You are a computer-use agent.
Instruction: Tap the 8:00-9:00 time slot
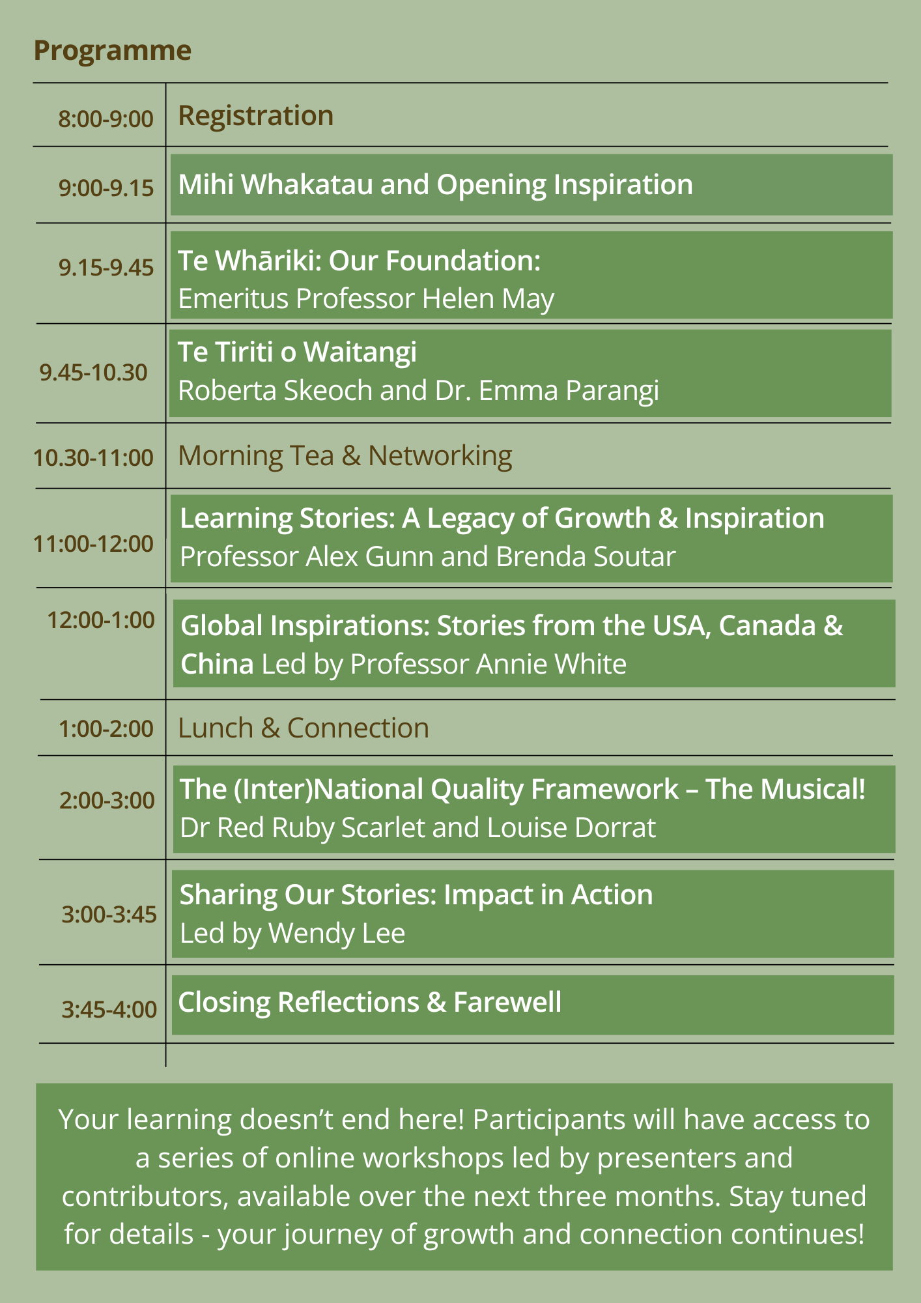(106, 119)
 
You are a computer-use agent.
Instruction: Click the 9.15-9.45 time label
(106, 267)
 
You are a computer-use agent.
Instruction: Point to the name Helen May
(489, 299)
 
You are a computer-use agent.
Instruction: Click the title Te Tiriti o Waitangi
(298, 352)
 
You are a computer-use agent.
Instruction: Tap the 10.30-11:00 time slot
(94, 457)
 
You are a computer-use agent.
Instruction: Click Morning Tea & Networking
(345, 456)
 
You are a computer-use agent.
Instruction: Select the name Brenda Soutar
(586, 557)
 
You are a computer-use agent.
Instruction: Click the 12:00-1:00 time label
(101, 620)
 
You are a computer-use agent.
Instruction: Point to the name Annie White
(551, 665)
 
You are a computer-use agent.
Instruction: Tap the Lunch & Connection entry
(304, 728)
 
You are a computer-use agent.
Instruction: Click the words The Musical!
(786, 789)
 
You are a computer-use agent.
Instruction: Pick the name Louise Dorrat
(572, 828)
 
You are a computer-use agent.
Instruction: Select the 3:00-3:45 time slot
(109, 915)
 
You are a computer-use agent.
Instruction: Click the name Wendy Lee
(337, 934)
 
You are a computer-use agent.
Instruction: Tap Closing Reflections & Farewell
(370, 1002)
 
